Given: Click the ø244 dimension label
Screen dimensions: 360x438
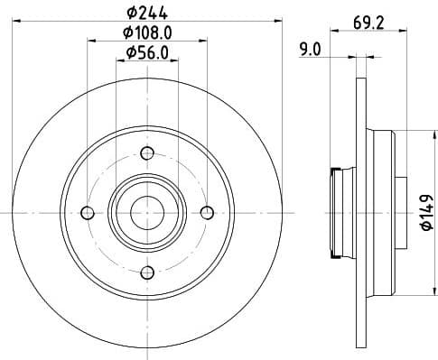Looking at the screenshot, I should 147,12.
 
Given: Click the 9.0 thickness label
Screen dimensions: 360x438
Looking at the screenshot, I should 310,51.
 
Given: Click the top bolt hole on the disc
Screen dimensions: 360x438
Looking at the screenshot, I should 146,152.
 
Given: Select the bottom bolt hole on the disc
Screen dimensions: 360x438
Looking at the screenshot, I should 146,272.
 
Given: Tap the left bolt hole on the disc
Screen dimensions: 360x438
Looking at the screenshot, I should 88,213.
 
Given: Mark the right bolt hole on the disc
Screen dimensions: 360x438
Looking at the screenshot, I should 206,213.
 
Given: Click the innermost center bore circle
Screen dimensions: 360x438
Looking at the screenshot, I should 146,213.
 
